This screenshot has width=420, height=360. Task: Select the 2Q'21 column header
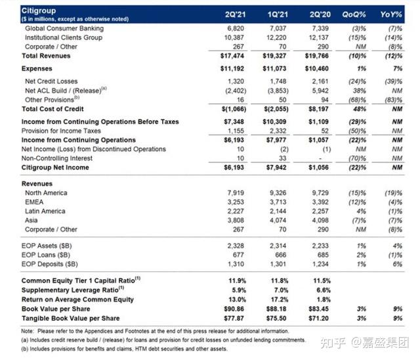234,14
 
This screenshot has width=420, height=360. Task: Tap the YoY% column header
392,14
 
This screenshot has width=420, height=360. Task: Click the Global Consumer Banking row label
64,29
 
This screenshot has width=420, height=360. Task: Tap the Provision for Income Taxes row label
62,131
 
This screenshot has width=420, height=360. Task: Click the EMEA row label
35,202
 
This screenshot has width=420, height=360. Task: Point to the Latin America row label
45,211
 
